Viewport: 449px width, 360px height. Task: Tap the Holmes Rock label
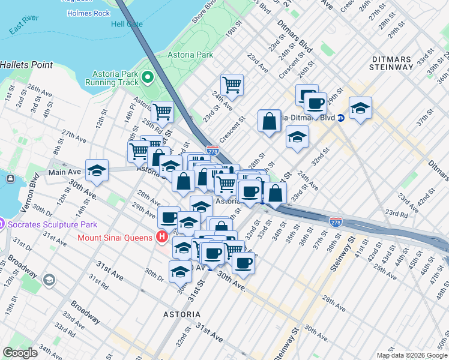coord(88,13)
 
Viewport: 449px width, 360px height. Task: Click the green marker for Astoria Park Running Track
coord(147,77)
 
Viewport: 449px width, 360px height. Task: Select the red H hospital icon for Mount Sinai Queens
coord(161,237)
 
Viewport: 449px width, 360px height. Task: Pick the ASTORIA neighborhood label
coord(182,314)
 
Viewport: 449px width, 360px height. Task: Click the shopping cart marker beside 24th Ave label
coord(232,85)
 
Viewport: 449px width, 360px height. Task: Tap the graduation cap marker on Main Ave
coord(97,170)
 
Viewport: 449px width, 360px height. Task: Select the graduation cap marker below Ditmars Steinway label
coord(360,108)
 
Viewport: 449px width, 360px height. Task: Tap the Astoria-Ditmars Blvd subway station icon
coord(340,117)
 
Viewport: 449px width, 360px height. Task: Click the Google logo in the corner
coord(20,353)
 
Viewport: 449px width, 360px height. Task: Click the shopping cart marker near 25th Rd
coord(162,112)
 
